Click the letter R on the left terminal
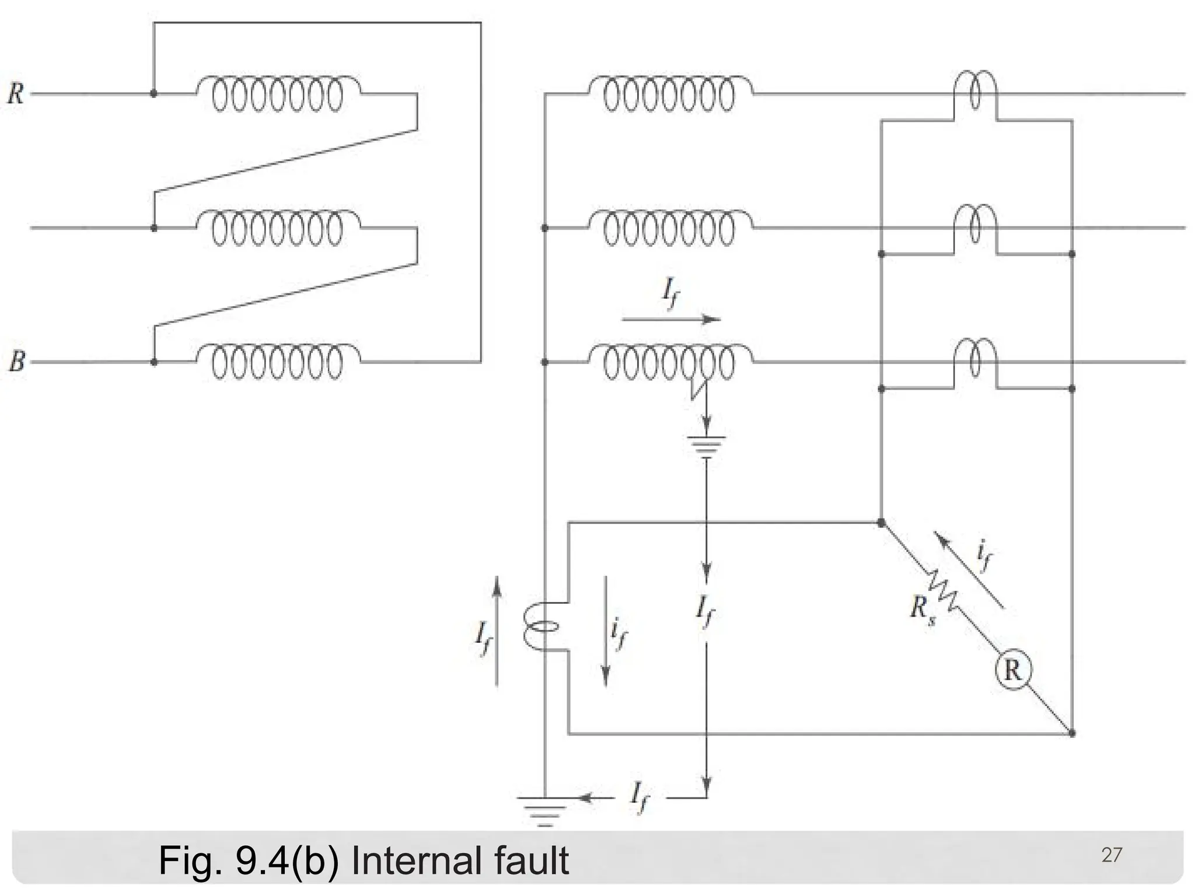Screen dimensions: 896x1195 16,94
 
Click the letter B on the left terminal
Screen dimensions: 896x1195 17,362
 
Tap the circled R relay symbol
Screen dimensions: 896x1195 1013,671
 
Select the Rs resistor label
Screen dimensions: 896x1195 923,609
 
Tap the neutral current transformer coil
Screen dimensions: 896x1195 538,627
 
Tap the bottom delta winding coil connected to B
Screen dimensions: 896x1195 278,362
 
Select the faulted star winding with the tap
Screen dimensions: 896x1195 669,363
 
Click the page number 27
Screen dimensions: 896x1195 1111,855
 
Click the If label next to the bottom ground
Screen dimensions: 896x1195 640,796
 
